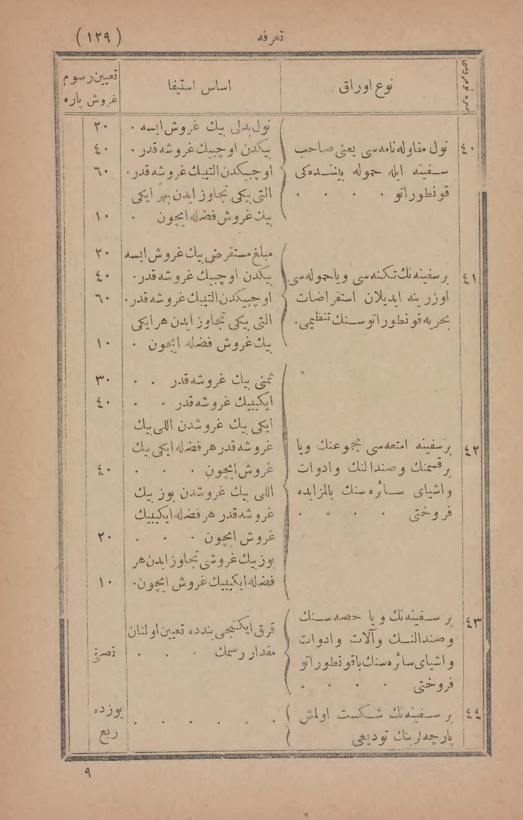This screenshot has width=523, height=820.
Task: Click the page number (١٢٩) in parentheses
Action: pos(99,37)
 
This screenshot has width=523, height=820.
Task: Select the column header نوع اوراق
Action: pos(366,87)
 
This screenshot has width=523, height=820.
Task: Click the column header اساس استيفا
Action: pos(200,87)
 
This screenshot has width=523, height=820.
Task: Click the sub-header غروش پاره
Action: pos(91,101)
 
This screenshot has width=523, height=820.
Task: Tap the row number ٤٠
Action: pos(468,149)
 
